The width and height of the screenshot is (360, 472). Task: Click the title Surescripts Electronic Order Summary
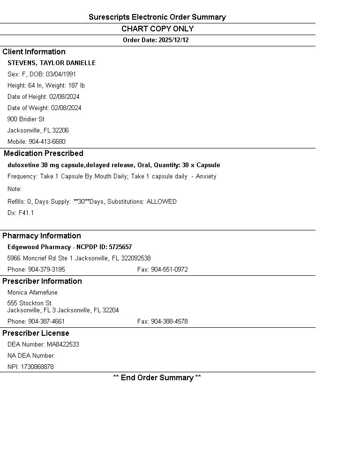(157, 17)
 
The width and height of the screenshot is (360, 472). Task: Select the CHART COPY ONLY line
(157, 29)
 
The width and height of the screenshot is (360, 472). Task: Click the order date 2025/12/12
(173, 40)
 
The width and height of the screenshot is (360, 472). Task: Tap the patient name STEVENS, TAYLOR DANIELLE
(52, 63)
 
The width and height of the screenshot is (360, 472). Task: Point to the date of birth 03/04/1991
(61, 74)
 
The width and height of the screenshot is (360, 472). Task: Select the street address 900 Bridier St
(26, 119)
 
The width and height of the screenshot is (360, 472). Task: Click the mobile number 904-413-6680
(47, 142)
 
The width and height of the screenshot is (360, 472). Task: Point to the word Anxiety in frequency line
(206, 177)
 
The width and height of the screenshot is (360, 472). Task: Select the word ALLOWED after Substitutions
(162, 202)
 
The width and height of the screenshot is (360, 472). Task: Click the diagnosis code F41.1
(26, 213)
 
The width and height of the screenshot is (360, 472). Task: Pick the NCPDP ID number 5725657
(120, 247)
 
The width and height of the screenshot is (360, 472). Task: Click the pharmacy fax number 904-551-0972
(169, 270)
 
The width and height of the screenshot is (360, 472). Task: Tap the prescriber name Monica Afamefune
(32, 293)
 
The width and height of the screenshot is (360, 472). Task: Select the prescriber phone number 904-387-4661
(46, 322)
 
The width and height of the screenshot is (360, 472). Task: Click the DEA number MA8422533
(63, 345)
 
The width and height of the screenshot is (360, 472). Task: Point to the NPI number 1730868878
(37, 367)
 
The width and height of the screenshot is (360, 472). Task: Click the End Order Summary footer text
(157, 378)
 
